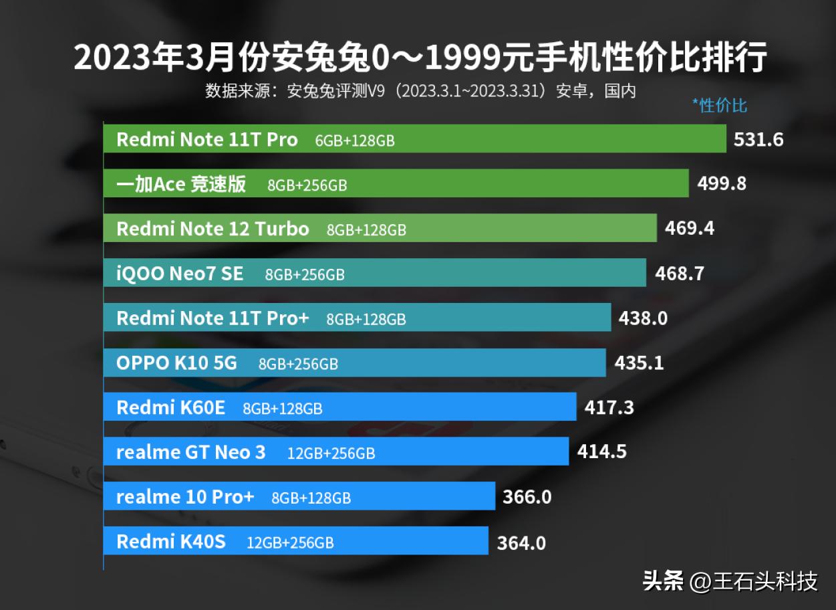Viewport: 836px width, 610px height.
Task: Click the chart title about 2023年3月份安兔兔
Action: pos(420,58)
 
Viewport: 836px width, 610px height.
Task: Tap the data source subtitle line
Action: pos(420,91)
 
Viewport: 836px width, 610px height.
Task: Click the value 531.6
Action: pos(758,140)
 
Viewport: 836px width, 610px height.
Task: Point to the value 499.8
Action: pos(722,184)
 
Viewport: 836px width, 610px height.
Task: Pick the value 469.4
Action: pos(689,229)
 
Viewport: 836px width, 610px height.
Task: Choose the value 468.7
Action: pos(679,273)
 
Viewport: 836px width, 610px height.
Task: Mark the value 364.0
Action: pos(521,542)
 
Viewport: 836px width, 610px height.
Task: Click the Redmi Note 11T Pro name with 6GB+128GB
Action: pos(206,140)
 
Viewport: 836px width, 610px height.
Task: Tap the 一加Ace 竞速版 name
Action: pos(180,185)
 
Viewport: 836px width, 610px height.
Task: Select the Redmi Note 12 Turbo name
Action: pos(213,229)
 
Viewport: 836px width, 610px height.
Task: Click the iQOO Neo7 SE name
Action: pos(180,274)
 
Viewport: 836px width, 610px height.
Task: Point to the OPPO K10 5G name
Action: pos(176,363)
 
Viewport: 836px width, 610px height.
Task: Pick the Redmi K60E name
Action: pos(170,407)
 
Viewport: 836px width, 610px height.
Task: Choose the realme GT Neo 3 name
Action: pos(190,452)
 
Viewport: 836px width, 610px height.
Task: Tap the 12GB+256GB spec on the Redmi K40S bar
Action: pos(290,542)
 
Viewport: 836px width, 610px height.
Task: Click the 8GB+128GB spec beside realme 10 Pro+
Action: pos(311,498)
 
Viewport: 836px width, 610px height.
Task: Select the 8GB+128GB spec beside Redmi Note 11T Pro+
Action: pos(366,319)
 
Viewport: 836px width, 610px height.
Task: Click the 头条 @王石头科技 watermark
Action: pos(730,581)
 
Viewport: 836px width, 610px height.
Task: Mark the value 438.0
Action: pos(643,318)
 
